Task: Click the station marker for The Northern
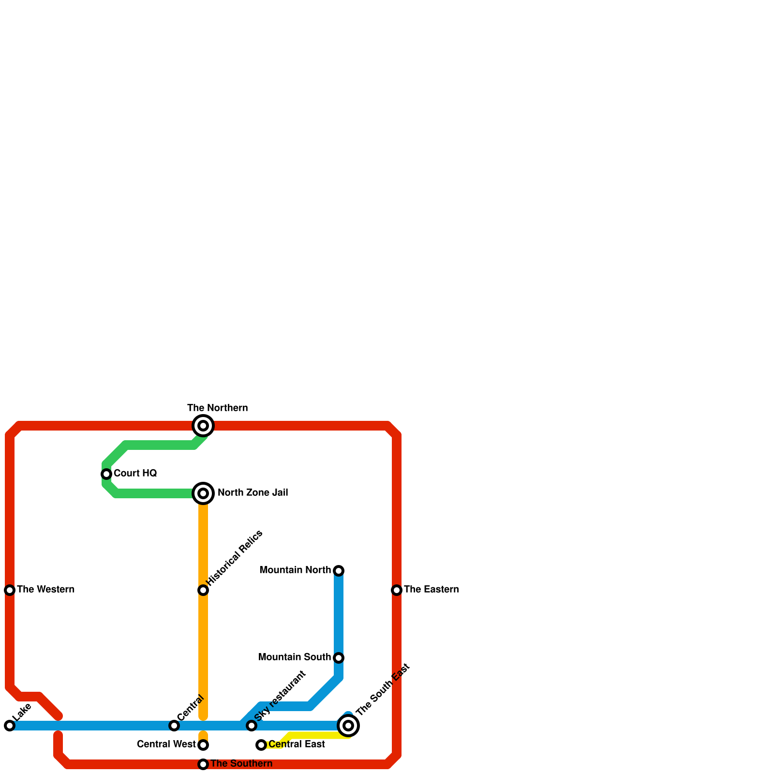pyautogui.click(x=203, y=426)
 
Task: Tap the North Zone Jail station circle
pyautogui.click(x=203, y=493)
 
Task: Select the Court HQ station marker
pyautogui.click(x=106, y=474)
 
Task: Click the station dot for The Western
pyautogui.click(x=10, y=590)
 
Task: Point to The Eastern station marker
pyautogui.click(x=397, y=590)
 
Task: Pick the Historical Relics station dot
pyautogui.click(x=203, y=590)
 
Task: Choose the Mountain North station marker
pyautogui.click(x=339, y=571)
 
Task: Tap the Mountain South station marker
pyautogui.click(x=339, y=658)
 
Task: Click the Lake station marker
pyautogui.click(x=10, y=726)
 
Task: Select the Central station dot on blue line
pyautogui.click(x=174, y=726)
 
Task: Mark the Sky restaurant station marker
pyautogui.click(x=251, y=726)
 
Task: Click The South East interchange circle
pyautogui.click(x=348, y=726)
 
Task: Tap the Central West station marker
pyautogui.click(x=203, y=745)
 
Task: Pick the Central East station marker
pyautogui.click(x=261, y=745)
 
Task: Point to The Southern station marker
pyautogui.click(x=203, y=764)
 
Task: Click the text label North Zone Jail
pyautogui.click(x=253, y=493)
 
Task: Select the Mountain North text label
pyautogui.click(x=295, y=570)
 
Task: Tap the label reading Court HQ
pyautogui.click(x=135, y=474)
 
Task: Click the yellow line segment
pyautogui.click(x=314, y=736)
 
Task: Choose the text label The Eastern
pyautogui.click(x=431, y=590)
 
